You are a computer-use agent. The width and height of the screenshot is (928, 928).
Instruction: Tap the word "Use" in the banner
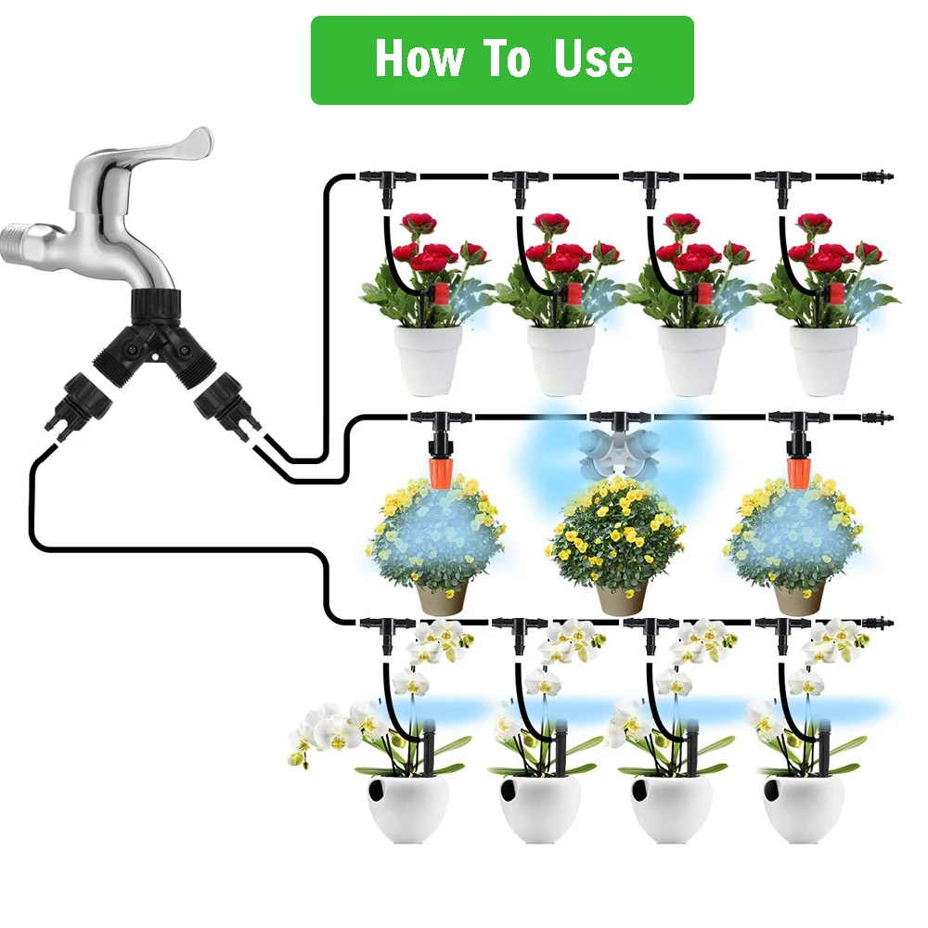point(594,59)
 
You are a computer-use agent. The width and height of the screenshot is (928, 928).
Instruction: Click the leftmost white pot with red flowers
point(428,359)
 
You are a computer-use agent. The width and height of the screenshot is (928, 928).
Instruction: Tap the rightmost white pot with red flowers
point(823,359)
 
